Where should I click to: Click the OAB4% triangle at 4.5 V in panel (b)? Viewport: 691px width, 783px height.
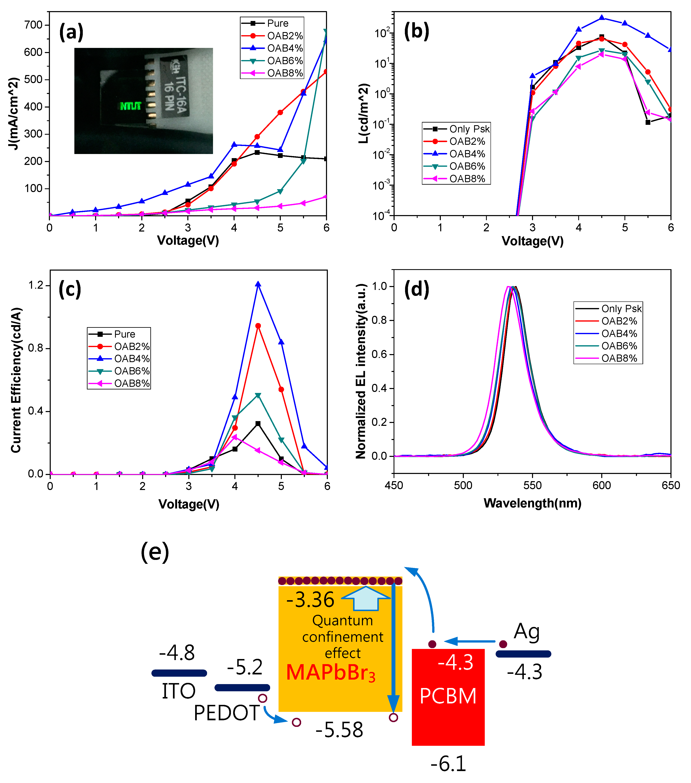coord(602,18)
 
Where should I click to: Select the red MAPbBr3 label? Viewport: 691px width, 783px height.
coord(331,673)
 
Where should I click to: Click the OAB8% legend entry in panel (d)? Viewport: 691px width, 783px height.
coord(619,358)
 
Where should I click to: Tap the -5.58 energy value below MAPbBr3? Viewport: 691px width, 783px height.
coord(339,730)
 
